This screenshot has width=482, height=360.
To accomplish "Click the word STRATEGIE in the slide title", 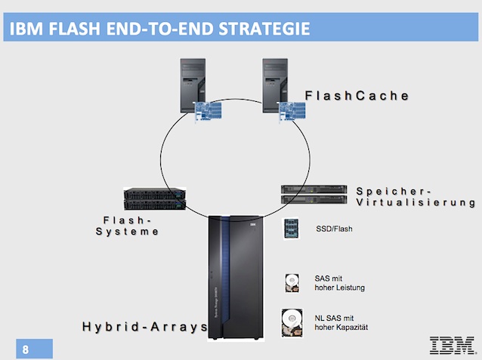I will pos(264,30).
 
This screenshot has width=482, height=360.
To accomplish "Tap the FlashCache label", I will pos(357,95).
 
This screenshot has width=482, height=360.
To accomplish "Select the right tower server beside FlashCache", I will pos(279,84).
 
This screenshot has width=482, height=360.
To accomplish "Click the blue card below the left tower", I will pos(211,112).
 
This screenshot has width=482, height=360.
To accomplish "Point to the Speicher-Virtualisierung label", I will pos(416,196).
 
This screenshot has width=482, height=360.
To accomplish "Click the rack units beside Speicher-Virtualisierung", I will pos(313,194).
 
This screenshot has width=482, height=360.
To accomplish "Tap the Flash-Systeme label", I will pos(128,225).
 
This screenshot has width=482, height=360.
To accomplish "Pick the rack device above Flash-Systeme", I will pos(155,198).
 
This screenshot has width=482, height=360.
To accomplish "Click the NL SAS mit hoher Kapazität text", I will pos(338,321).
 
